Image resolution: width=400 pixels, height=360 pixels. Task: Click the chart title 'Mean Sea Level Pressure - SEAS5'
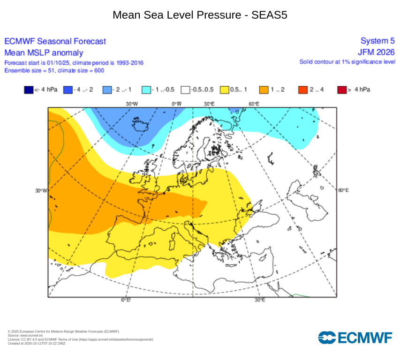click(200, 15)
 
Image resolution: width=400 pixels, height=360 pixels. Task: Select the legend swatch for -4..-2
click(68, 89)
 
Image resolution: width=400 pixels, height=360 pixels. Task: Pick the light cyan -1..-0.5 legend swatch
click(146, 89)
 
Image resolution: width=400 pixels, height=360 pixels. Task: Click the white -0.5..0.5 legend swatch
click(185, 89)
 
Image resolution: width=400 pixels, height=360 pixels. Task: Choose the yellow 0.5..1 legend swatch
click(224, 89)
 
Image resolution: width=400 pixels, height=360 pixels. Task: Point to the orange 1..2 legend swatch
click(264, 89)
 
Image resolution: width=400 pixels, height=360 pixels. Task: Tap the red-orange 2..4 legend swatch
click(302, 89)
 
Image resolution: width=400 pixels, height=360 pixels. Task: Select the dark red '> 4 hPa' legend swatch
click(341, 89)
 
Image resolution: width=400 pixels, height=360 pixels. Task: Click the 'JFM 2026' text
click(376, 52)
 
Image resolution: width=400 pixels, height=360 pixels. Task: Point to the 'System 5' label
click(377, 41)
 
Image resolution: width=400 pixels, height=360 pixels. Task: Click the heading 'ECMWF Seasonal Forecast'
click(55, 42)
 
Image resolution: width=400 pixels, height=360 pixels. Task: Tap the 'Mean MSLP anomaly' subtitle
click(44, 52)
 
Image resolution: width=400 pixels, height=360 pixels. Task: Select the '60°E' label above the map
click(254, 104)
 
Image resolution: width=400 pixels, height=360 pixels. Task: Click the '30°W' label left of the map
click(41, 190)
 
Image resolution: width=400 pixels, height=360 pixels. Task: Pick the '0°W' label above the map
click(176, 104)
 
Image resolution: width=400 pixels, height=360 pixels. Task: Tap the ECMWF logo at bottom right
click(355, 337)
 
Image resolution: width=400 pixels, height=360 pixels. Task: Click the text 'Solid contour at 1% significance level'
click(347, 62)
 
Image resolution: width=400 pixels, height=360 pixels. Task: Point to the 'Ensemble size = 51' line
click(54, 70)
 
